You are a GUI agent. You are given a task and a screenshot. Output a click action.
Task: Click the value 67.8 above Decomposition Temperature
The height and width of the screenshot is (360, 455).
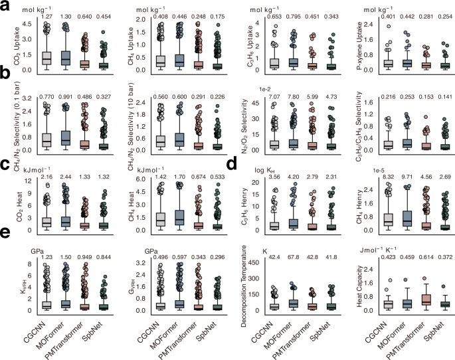click(x=293, y=252)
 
